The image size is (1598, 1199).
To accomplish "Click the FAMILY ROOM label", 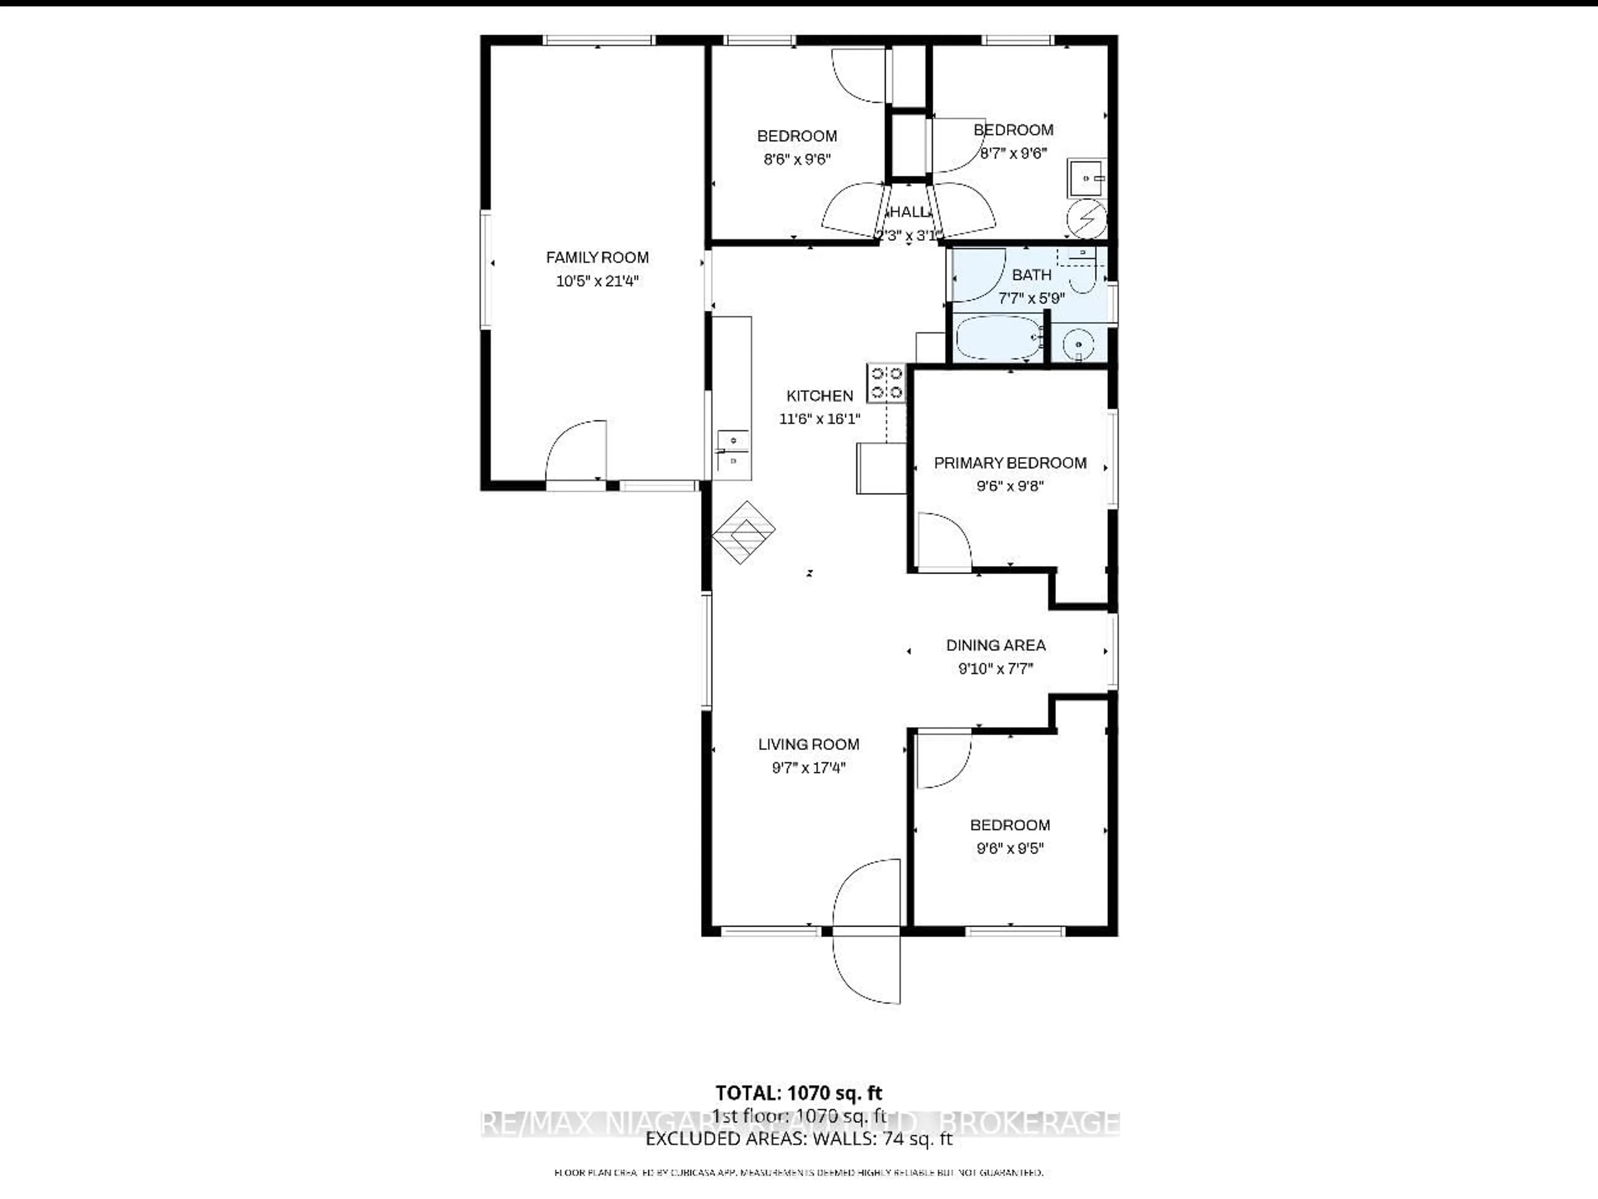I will click(x=597, y=257).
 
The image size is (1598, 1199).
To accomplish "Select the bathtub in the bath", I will click(x=998, y=337).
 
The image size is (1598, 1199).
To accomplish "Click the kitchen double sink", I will click(x=732, y=449).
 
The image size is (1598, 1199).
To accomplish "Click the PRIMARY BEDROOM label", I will click(x=1010, y=463).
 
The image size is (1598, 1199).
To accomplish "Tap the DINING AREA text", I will click(x=995, y=645).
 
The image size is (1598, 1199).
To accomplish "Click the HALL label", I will click(x=908, y=212).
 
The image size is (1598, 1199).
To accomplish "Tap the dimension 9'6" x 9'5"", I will click(x=1010, y=848).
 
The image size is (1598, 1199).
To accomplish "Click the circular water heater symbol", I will click(x=1087, y=218).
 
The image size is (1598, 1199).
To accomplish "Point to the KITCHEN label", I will click(x=819, y=396).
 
